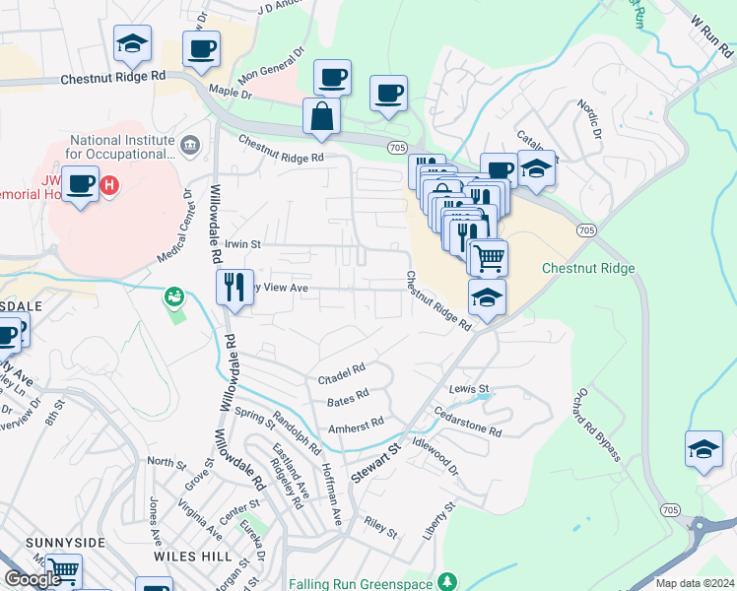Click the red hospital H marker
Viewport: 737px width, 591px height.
(111, 184)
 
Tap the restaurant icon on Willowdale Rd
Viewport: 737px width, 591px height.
(234, 288)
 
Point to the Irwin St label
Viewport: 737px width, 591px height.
(242, 243)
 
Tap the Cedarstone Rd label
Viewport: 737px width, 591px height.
(468, 425)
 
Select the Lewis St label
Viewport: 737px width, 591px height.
(469, 390)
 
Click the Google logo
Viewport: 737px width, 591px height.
(32, 579)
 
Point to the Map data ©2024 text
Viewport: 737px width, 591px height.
(694, 583)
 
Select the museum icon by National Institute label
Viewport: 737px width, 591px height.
(190, 146)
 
